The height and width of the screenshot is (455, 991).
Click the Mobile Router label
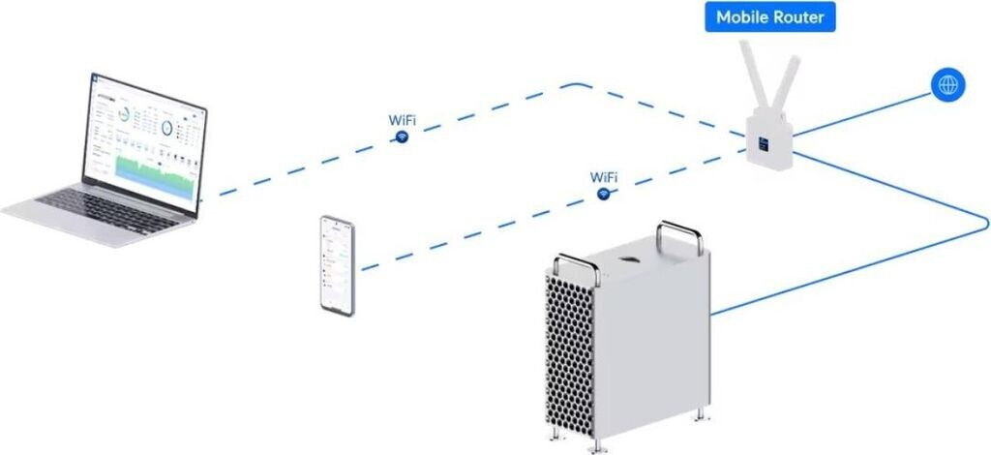[769, 17]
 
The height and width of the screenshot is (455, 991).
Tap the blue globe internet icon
[947, 84]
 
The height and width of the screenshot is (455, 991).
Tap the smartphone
[338, 264]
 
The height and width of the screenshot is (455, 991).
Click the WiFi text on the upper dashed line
[404, 120]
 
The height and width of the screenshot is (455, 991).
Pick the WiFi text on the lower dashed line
[604, 177]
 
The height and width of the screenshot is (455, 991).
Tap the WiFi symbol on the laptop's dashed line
[401, 137]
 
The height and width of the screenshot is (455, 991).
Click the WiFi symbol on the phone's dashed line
[604, 195]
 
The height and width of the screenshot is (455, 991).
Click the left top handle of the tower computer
[575, 267]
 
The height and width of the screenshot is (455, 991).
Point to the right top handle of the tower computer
[676, 233]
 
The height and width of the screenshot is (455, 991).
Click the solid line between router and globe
[861, 114]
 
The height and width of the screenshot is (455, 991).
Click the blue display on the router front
[762, 142]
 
